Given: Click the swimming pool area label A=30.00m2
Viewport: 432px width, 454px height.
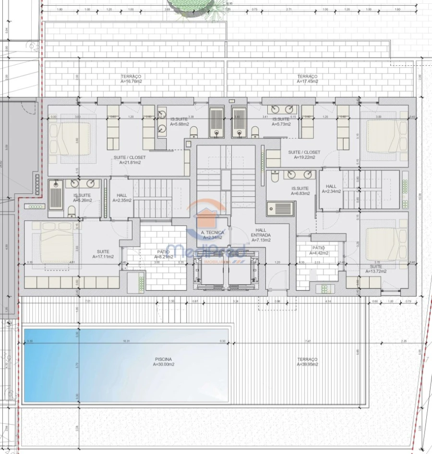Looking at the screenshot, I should click(x=164, y=364).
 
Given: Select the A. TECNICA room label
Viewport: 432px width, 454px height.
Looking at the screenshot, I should click(x=213, y=232).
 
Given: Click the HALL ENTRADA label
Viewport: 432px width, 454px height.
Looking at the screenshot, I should click(x=261, y=235).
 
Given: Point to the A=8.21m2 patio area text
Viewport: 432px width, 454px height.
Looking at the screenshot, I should click(x=163, y=257).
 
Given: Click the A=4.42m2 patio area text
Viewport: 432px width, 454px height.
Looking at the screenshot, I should click(x=318, y=253).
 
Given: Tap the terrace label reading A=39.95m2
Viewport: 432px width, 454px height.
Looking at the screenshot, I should click(x=307, y=364).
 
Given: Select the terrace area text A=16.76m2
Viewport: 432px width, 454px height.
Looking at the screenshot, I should click(x=131, y=82).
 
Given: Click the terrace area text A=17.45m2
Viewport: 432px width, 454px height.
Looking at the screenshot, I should click(x=307, y=82).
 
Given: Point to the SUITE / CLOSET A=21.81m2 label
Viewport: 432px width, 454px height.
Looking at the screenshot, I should click(x=130, y=160).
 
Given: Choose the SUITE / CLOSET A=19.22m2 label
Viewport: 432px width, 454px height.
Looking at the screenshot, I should click(x=304, y=155).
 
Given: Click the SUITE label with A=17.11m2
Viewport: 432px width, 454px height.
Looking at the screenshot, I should click(x=103, y=254).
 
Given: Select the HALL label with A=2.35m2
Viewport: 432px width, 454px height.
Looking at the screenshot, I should click(x=121, y=198).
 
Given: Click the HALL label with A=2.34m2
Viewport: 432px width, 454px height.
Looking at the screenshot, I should click(x=331, y=189).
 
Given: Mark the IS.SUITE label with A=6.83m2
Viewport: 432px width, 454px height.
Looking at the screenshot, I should click(x=300, y=191).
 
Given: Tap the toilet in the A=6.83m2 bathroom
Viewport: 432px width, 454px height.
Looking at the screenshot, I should click(x=275, y=178).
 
